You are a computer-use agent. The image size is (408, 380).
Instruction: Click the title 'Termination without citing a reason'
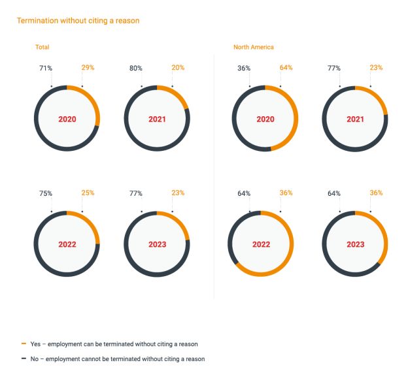(x=78, y=21)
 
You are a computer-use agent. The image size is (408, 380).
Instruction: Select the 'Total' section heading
(x=42, y=47)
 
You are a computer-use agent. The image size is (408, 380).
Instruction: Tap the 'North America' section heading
(x=254, y=47)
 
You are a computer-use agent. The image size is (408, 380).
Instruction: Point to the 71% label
(x=45, y=67)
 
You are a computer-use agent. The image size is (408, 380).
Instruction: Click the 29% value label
(x=88, y=67)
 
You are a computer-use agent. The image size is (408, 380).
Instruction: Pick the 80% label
(x=135, y=67)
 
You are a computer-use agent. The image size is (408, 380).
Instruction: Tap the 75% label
(x=45, y=193)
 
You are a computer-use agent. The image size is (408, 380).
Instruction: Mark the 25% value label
(x=88, y=193)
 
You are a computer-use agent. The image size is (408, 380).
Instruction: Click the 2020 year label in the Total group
(x=67, y=119)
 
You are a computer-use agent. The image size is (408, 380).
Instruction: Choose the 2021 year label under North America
(x=355, y=119)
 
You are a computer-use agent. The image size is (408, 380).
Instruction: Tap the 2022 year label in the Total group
(x=67, y=245)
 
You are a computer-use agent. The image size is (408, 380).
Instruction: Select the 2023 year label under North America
(x=355, y=245)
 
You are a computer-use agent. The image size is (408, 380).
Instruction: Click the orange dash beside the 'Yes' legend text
(x=24, y=343)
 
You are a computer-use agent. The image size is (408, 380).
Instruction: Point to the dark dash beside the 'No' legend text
(x=24, y=358)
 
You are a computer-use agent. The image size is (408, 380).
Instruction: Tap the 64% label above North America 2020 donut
(x=286, y=67)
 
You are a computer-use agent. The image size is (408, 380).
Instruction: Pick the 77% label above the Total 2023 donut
(x=135, y=193)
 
